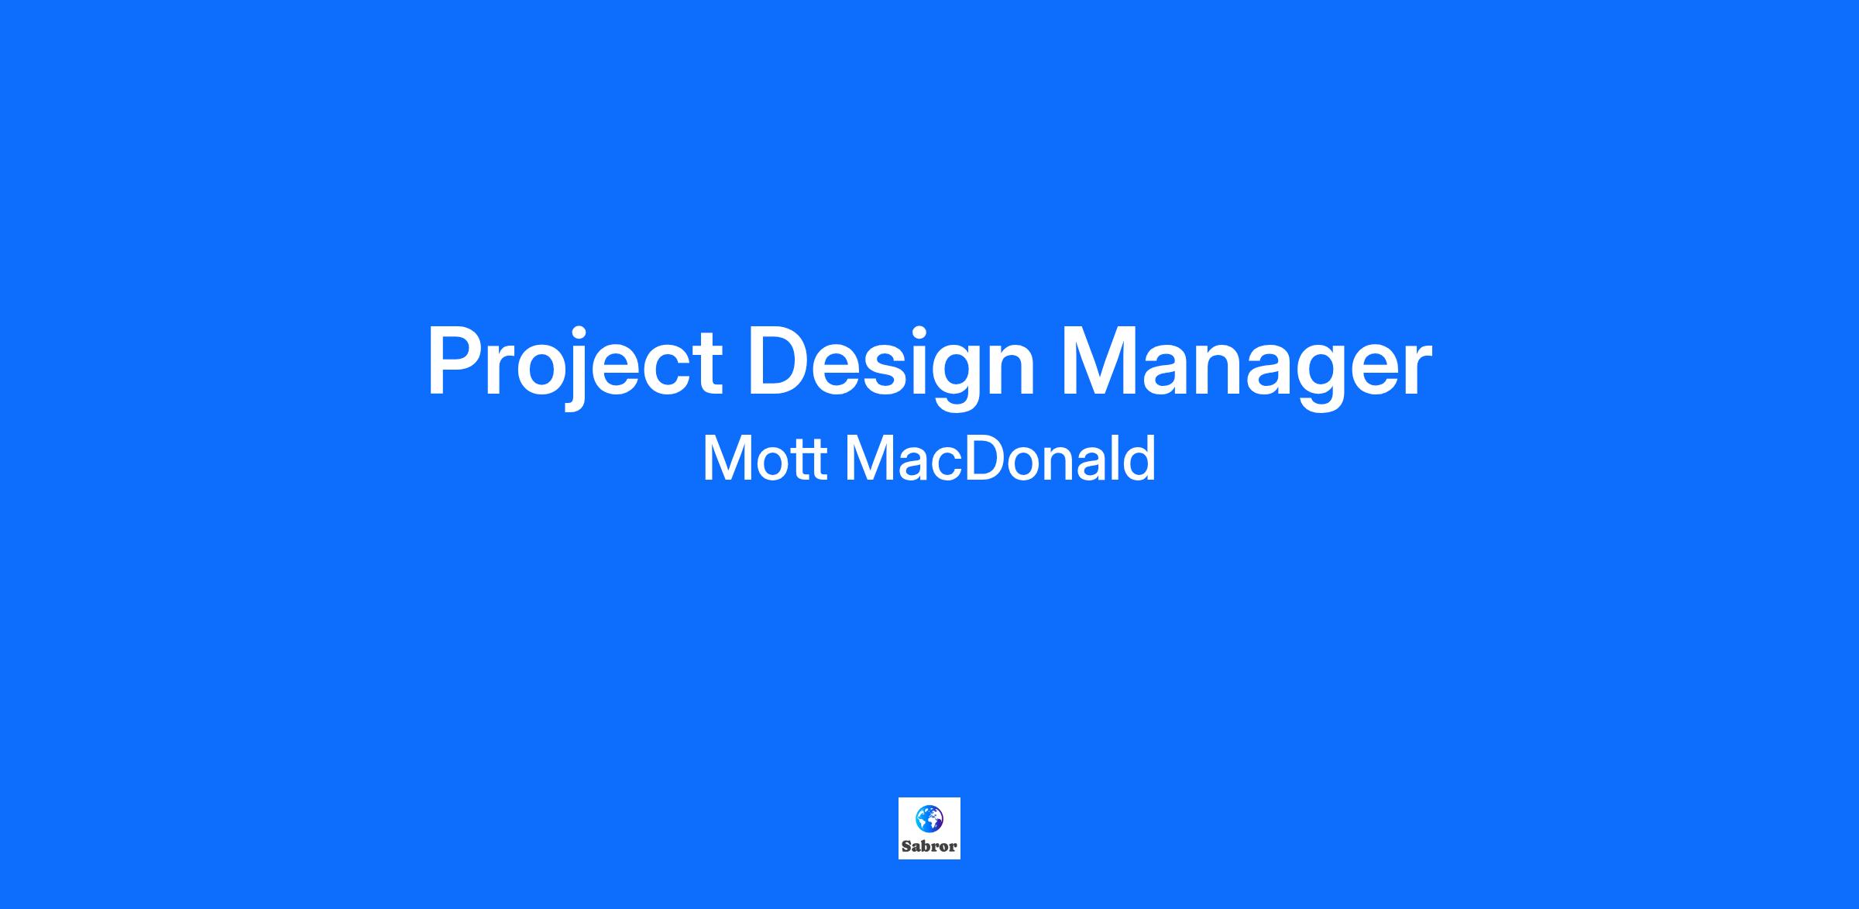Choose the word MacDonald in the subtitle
coord(1000,458)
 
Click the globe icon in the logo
coord(929,818)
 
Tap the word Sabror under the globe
coord(929,846)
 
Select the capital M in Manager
coord(1099,361)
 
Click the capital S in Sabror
coord(906,846)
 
